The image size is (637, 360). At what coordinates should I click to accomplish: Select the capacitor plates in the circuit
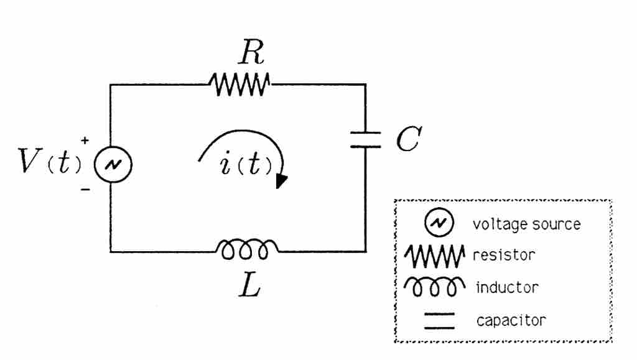tap(365, 139)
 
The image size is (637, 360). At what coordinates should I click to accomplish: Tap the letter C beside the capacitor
tap(409, 141)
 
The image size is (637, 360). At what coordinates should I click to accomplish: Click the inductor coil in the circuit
tap(247, 249)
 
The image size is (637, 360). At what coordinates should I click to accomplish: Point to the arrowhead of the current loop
tap(281, 181)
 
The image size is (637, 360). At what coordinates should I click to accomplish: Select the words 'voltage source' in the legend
tap(526, 224)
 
